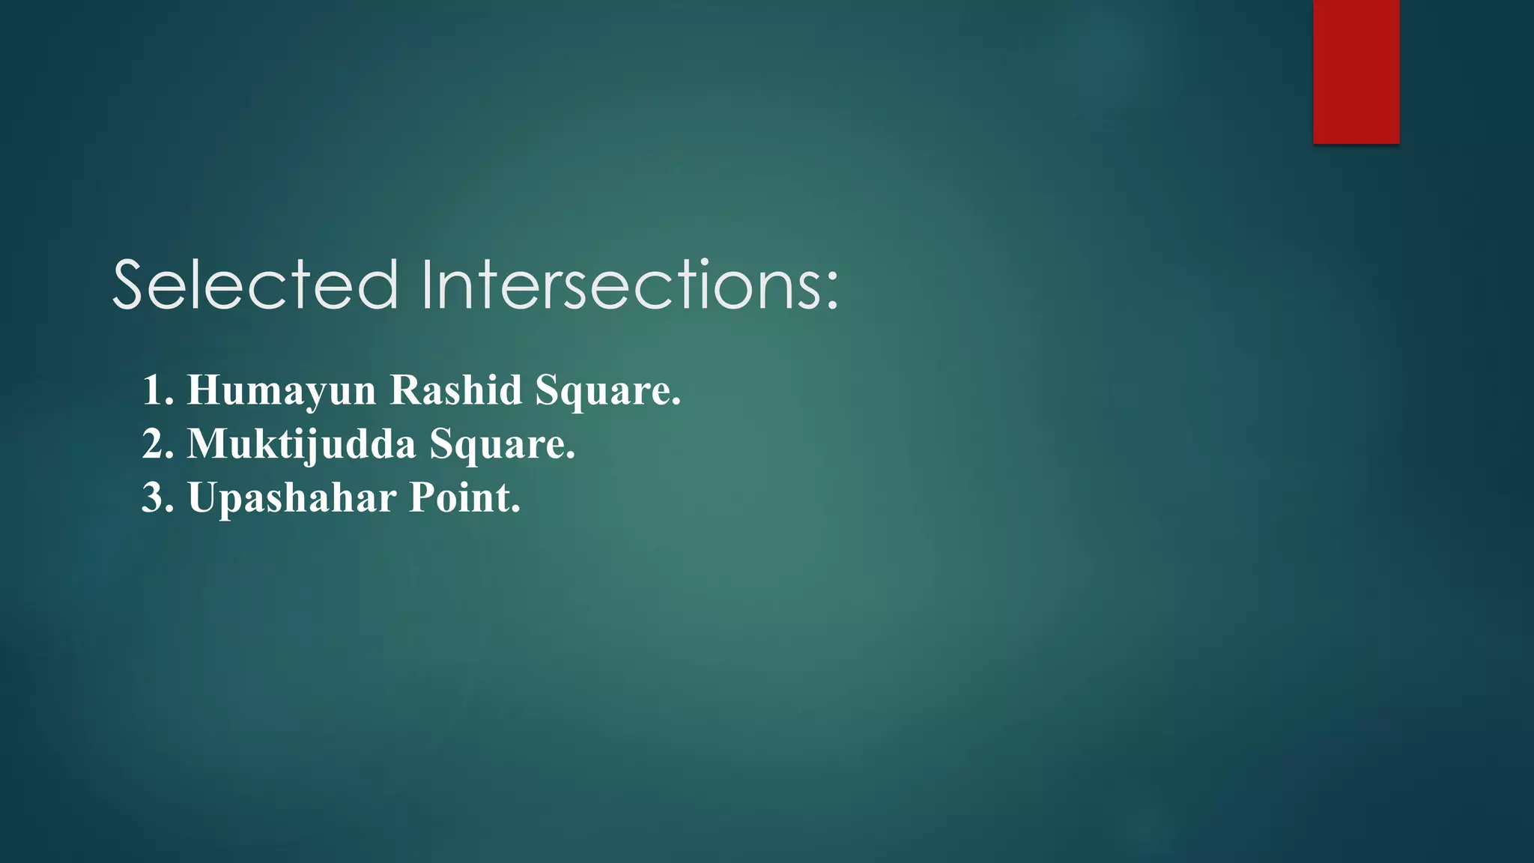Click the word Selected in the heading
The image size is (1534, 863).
[x=255, y=285]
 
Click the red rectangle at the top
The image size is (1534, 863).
[x=1356, y=71]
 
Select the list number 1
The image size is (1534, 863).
[x=155, y=390]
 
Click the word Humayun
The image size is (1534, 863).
[x=281, y=390]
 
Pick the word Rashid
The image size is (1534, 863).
[x=455, y=390]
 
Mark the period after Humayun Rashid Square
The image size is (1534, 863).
[x=676, y=403]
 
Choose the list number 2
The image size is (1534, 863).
[x=155, y=444]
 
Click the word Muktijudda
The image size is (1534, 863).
[x=301, y=444]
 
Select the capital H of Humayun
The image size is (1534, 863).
[x=203, y=390]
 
